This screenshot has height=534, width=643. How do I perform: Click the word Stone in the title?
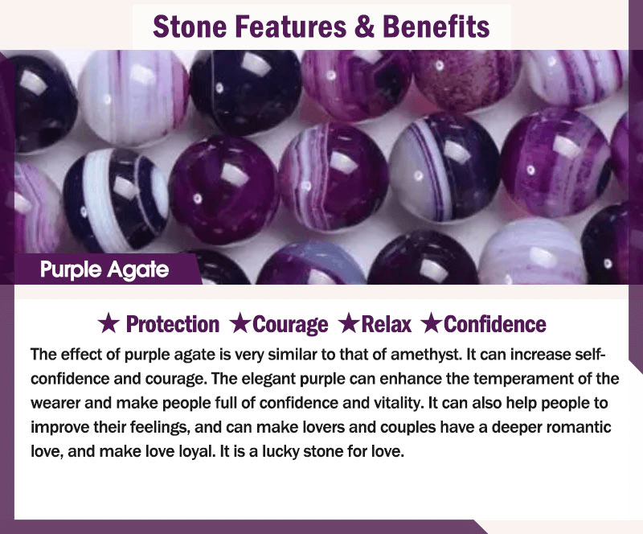point(190,27)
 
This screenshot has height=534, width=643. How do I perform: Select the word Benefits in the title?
point(436,27)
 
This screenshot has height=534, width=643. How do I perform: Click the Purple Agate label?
point(104,270)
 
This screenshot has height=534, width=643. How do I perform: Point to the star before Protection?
point(109,323)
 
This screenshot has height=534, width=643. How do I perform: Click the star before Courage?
point(240,323)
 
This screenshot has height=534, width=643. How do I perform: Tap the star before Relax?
point(349,323)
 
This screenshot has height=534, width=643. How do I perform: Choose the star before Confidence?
point(431,323)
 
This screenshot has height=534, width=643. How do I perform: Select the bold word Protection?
point(173,324)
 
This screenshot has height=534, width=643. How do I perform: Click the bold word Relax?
point(386,324)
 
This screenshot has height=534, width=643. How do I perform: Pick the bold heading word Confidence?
point(495,324)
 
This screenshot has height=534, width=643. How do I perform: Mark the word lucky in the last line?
point(281,451)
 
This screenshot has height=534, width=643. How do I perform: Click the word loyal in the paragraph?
point(197,451)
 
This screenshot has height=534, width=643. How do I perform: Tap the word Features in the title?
point(291,27)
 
